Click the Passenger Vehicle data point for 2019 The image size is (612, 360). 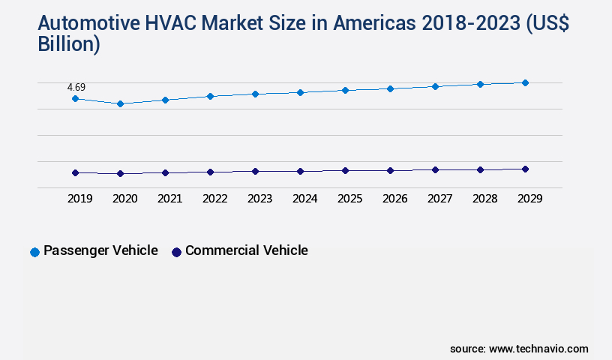point(75,98)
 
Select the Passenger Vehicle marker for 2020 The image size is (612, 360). point(120,103)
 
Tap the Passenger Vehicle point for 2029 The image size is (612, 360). point(525,82)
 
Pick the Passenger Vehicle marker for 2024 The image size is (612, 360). point(300,92)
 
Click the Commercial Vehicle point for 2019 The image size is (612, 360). point(75,172)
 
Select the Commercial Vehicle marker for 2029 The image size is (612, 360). point(525,169)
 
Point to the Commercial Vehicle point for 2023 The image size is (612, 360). point(255,171)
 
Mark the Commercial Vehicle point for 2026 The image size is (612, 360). point(390,170)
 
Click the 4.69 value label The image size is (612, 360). point(76,87)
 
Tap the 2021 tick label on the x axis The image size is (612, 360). point(170,199)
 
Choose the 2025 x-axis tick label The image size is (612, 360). point(350,199)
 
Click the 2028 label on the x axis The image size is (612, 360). point(485,199)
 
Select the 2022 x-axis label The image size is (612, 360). point(215,199)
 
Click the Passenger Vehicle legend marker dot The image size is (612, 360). point(34,252)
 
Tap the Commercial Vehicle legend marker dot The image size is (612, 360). point(176,252)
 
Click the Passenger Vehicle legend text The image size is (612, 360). point(100,250)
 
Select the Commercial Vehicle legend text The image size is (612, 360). point(247,250)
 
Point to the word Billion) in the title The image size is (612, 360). point(69,44)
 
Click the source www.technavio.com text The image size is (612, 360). point(519,349)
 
